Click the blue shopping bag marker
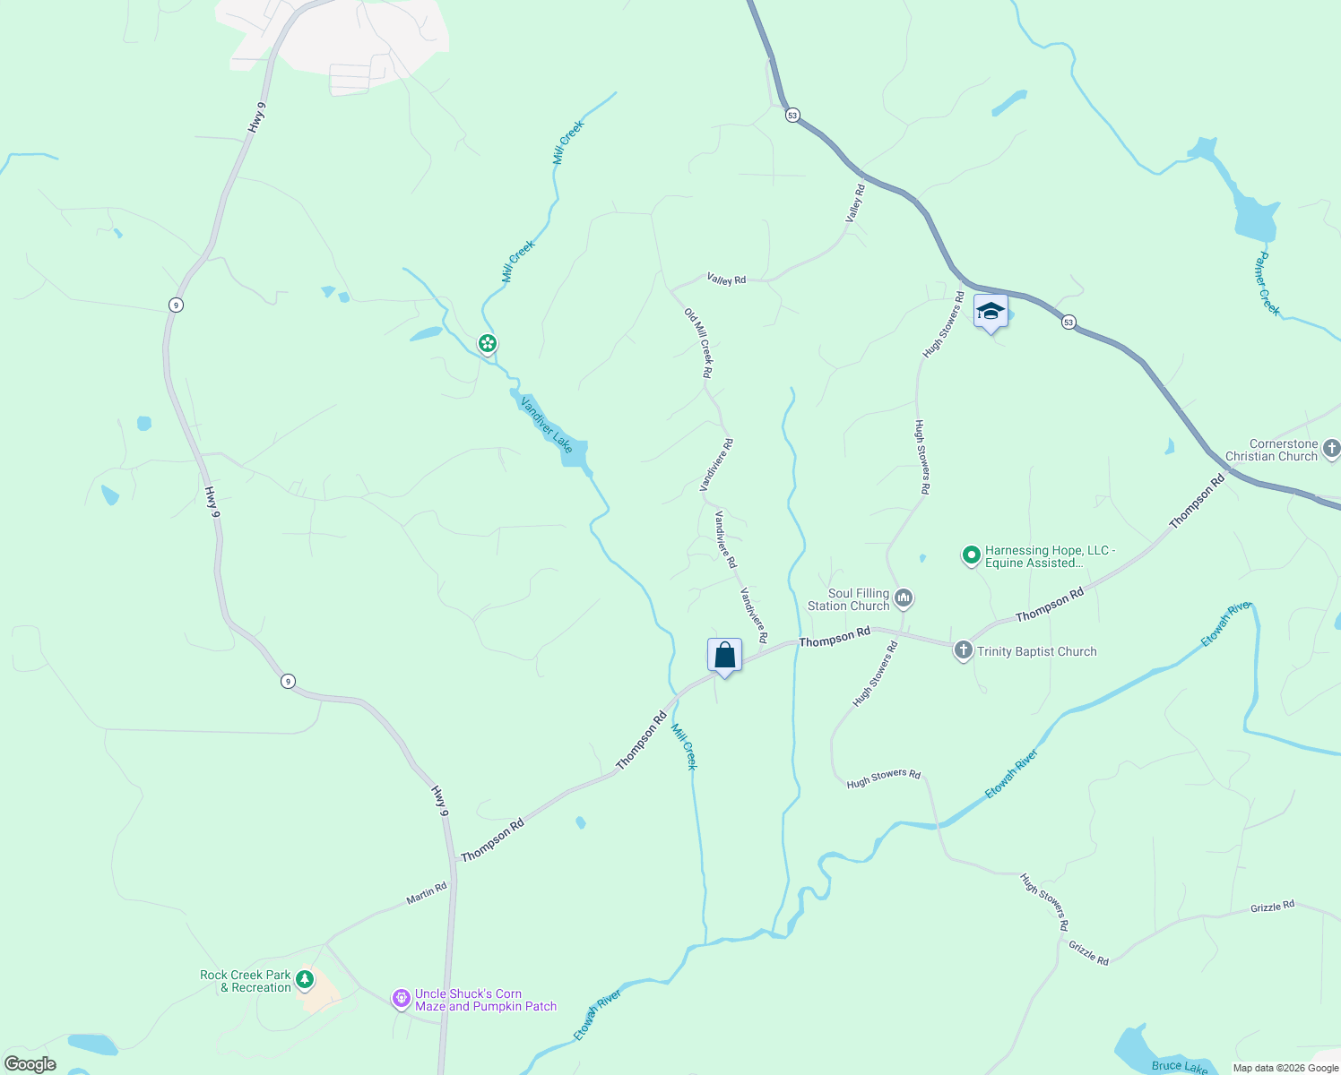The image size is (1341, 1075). tap(724, 656)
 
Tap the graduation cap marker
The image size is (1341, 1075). tap(990, 312)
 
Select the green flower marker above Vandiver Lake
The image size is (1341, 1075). tap(487, 343)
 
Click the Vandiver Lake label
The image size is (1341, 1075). tap(546, 423)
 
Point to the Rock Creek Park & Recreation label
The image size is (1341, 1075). tap(246, 981)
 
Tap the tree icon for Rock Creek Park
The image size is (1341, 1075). tap(305, 979)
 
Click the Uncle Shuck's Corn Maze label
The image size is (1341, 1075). tap(485, 1000)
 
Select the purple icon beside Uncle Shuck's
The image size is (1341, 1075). tap(402, 997)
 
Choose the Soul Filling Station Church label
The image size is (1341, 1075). tap(848, 599)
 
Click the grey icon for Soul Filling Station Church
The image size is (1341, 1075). tap(904, 598)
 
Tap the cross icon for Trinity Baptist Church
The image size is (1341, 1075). tap(963, 650)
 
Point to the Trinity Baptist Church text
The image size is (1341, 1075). tap(1036, 652)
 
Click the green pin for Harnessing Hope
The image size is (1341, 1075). tap(970, 555)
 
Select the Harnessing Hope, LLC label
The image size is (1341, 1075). tap(1050, 556)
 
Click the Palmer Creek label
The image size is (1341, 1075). tap(1267, 284)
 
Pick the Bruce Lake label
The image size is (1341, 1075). tap(1179, 1066)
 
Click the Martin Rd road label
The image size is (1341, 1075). tap(427, 893)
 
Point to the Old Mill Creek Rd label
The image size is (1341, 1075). tap(698, 342)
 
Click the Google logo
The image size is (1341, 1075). tap(30, 1064)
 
